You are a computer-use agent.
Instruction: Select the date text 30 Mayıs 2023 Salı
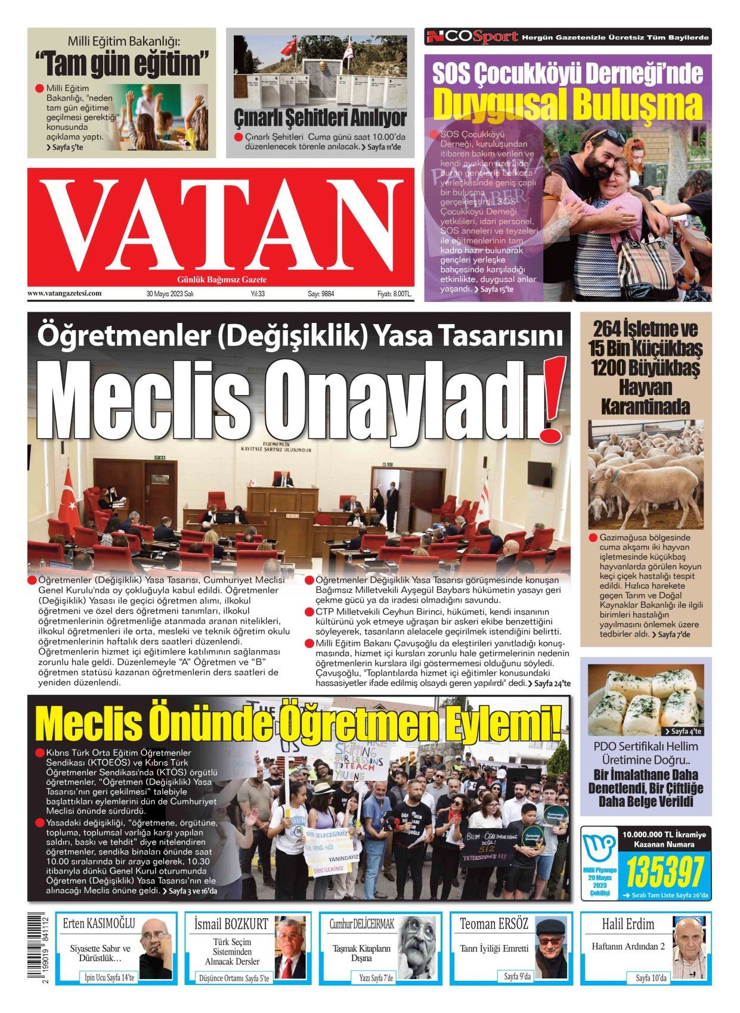tap(170, 294)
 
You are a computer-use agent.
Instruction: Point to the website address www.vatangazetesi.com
tap(64, 293)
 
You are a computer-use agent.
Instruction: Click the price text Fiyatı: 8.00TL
tap(394, 294)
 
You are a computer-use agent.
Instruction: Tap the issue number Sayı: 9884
tap(321, 294)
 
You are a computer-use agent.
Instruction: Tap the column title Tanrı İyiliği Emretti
tap(494, 949)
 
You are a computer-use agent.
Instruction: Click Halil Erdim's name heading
tap(628, 924)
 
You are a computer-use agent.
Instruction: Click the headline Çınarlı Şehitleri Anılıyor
tap(320, 117)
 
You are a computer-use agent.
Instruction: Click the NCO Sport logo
tap(472, 37)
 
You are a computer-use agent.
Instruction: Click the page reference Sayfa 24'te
tap(552, 683)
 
